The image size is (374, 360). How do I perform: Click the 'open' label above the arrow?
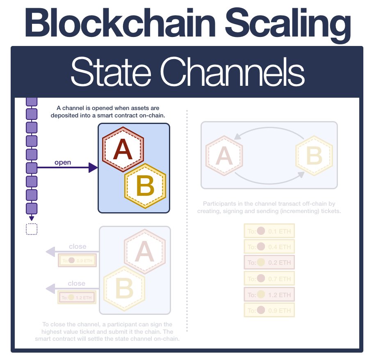(63, 162)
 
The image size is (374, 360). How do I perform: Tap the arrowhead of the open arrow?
(93, 167)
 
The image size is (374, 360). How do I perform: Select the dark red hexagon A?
(123, 149)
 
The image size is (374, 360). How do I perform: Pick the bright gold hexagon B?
(145, 186)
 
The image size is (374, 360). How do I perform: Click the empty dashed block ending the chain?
(32, 229)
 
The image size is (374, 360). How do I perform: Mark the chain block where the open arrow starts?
(32, 167)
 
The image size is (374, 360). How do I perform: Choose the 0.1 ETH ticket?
(269, 231)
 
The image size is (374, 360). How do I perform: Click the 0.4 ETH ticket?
(269, 247)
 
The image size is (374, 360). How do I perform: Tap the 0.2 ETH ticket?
(269, 263)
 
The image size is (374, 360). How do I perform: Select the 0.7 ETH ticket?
(269, 279)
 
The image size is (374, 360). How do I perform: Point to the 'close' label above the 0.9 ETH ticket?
(78, 246)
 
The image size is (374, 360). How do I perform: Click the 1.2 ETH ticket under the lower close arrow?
(77, 297)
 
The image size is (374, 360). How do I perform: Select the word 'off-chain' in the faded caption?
(311, 204)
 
